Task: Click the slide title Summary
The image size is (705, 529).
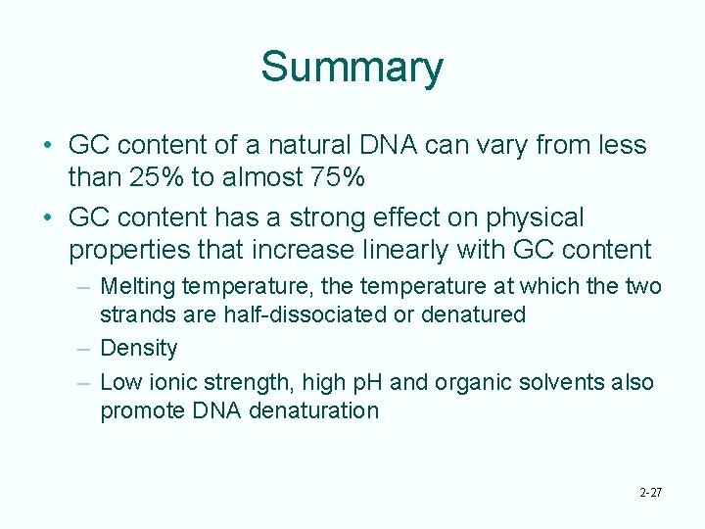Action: tap(352, 68)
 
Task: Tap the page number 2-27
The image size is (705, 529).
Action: tap(648, 492)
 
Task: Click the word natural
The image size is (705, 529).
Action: tap(295, 145)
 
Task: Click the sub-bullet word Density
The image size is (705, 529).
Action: tap(139, 348)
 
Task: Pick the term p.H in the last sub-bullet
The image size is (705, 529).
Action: tap(366, 382)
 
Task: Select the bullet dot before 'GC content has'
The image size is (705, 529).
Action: tap(48, 217)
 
